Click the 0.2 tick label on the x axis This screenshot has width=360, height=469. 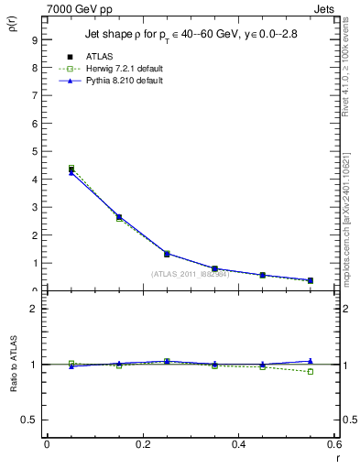(142, 444)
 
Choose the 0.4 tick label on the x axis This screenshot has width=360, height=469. (238, 444)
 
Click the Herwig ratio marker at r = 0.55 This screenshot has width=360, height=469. (311, 371)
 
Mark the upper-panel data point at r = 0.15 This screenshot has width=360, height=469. (119, 217)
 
